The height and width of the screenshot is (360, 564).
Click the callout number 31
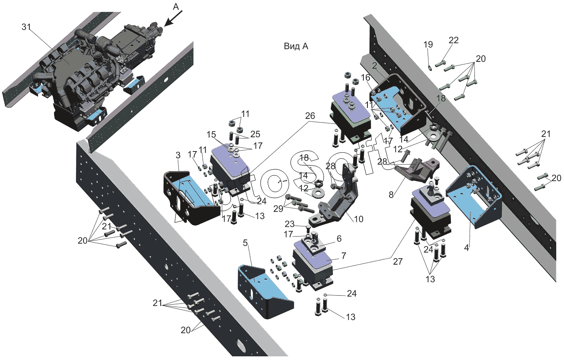(26, 27)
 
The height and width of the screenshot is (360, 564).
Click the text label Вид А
(296, 46)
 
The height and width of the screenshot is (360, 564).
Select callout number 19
(428, 45)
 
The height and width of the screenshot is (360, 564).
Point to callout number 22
(453, 40)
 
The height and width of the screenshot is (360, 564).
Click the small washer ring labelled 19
(431, 66)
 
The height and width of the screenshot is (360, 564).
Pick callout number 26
(310, 116)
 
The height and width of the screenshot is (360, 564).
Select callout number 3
(178, 155)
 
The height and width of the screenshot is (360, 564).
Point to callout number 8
(391, 195)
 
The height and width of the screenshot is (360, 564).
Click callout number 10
(359, 219)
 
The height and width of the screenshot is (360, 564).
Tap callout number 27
(397, 261)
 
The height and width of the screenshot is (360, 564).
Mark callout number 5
(245, 243)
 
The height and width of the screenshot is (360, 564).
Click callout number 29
(278, 209)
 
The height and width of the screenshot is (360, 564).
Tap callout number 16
(365, 77)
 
